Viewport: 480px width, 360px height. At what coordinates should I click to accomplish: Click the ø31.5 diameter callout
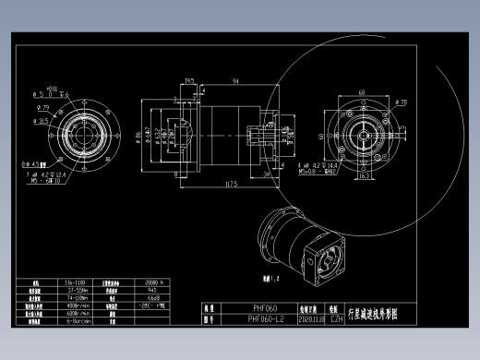[x=43, y=120]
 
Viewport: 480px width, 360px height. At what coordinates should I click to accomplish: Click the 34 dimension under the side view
[x=267, y=173]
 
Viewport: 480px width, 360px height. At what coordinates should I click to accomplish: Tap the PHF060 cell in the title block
[x=266, y=308]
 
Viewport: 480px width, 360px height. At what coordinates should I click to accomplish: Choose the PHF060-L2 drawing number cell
[x=266, y=318]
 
